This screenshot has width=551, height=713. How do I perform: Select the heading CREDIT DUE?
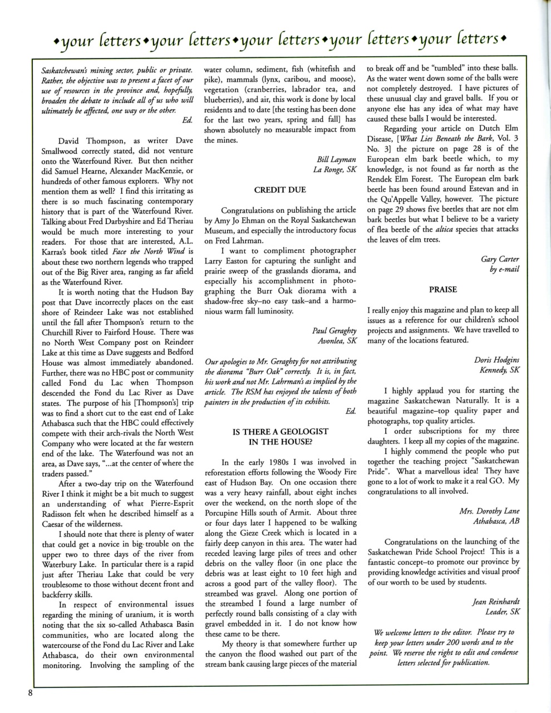click(x=280, y=190)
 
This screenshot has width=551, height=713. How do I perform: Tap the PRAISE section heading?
click(x=443, y=289)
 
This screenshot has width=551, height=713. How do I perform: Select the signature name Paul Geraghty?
click(x=334, y=331)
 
